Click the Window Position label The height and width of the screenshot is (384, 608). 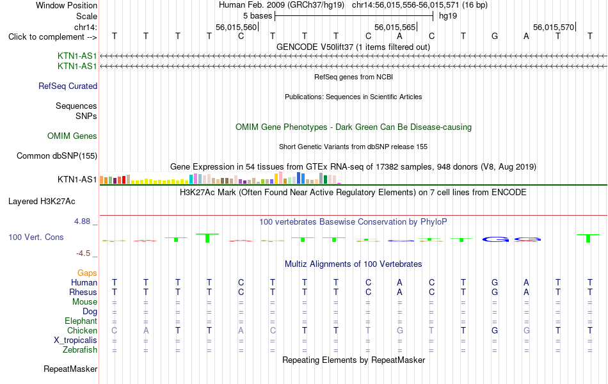pos(67,5)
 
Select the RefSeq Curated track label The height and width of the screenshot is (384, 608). pos(68,86)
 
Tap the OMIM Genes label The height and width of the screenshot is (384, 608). pos(72,136)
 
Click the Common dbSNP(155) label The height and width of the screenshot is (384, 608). pos(57,156)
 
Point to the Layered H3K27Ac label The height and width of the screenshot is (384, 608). pos(42,202)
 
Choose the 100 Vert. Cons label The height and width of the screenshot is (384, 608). pos(36,237)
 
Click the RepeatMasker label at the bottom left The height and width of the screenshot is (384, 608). pos(70,369)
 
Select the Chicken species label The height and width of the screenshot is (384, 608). pos(82,330)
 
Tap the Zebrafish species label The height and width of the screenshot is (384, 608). pos(80,349)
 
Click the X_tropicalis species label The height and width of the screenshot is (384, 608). pos(76,340)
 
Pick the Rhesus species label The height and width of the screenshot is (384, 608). pos(83,292)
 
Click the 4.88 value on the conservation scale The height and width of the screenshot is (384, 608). pos(82,221)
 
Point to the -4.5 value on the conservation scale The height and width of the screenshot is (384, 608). pos(83,253)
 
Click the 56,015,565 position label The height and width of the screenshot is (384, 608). pos(395,27)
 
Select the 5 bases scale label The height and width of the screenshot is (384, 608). pos(257,16)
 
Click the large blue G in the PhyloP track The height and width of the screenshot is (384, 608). pos(495,240)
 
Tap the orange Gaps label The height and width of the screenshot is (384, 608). pos(87,273)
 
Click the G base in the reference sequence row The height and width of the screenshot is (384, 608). pos(494,36)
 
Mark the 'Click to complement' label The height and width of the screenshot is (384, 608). pos(52,37)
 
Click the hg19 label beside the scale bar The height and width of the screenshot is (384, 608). pos(448,16)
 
